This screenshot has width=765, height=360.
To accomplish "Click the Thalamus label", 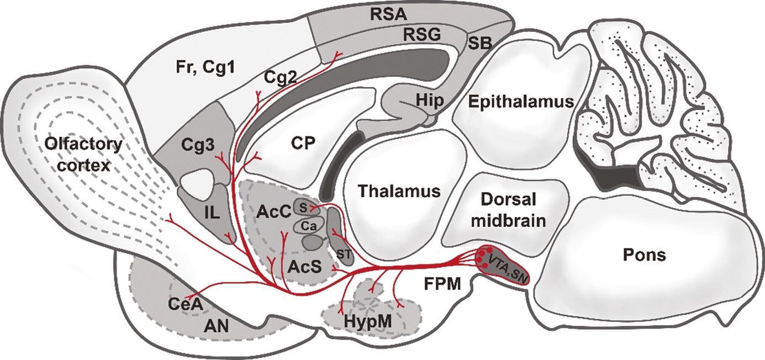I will click(x=398, y=191).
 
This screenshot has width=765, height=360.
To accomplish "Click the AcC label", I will click(x=271, y=211).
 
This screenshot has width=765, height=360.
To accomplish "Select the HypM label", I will click(x=367, y=321).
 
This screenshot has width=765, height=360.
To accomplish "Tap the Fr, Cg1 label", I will click(x=193, y=68).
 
